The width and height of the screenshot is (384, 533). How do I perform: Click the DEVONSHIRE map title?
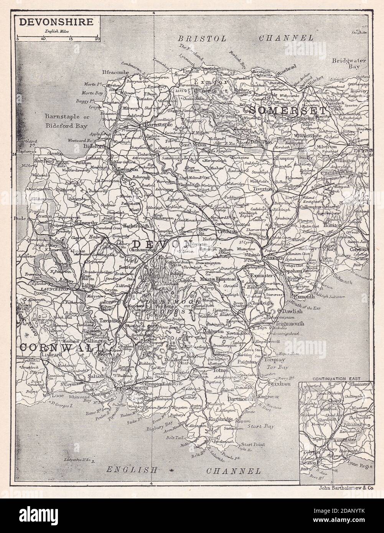(x=56, y=22)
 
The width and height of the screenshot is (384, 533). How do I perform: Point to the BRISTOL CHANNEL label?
(x=246, y=38)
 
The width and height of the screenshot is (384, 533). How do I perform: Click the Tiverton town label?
(x=262, y=189)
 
